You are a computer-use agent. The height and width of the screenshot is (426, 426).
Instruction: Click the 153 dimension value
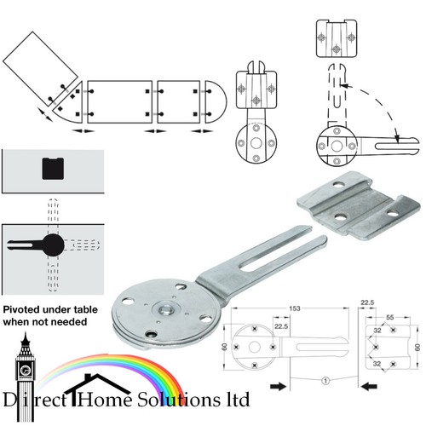(295, 308)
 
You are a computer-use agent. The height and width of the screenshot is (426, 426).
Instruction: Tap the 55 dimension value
(390, 317)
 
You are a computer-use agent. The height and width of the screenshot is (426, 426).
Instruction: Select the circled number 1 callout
(325, 380)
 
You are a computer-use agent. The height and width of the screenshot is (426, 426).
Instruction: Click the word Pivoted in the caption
(21, 309)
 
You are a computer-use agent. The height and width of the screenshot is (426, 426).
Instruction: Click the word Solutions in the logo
(178, 400)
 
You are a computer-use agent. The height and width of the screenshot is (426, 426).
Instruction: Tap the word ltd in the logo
(238, 399)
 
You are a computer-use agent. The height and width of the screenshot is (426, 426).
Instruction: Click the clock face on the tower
(26, 371)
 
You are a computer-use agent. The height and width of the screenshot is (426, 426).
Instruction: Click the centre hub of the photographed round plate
(165, 309)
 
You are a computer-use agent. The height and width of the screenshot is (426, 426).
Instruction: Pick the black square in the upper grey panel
(53, 169)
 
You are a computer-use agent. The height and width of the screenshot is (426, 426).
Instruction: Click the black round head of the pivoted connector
(54, 245)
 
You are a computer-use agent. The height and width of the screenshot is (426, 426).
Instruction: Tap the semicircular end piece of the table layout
(216, 101)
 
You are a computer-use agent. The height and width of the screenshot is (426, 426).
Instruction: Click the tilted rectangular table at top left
(40, 69)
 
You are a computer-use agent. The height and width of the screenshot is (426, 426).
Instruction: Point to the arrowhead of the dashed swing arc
(397, 138)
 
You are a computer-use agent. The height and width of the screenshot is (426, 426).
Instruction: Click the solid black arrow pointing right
(279, 386)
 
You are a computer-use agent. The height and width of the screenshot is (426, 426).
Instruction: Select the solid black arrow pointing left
(369, 386)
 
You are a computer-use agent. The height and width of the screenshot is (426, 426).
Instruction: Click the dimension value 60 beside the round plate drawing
(225, 347)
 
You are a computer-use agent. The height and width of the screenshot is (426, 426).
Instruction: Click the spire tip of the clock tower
(26, 333)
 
